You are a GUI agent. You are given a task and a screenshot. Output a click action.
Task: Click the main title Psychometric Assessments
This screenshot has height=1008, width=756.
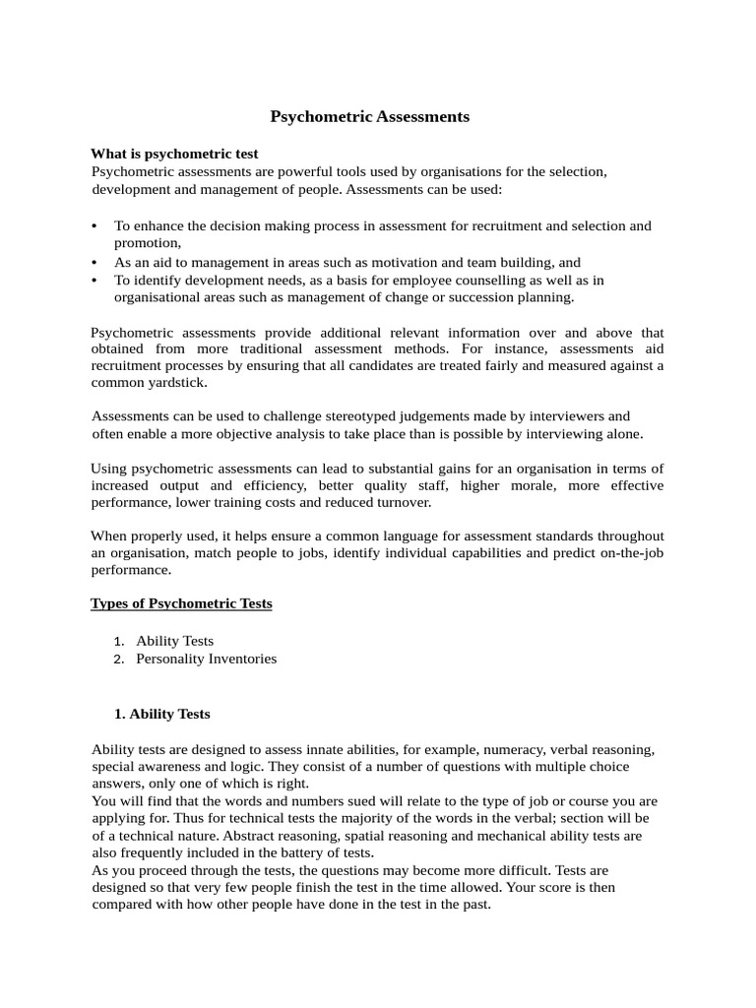tap(370, 117)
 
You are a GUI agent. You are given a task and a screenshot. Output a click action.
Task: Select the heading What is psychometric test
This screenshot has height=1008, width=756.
tap(174, 154)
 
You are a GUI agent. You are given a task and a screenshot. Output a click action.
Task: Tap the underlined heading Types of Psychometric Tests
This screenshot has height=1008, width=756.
tap(181, 603)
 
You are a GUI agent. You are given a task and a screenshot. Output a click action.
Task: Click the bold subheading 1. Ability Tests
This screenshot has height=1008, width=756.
tap(162, 714)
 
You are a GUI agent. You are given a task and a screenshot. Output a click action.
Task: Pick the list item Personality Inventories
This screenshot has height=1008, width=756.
tap(207, 659)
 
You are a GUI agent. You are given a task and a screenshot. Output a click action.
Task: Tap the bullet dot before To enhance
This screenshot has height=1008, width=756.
tap(94, 226)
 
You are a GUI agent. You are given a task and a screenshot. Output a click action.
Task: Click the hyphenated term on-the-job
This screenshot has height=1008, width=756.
tap(621, 553)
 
